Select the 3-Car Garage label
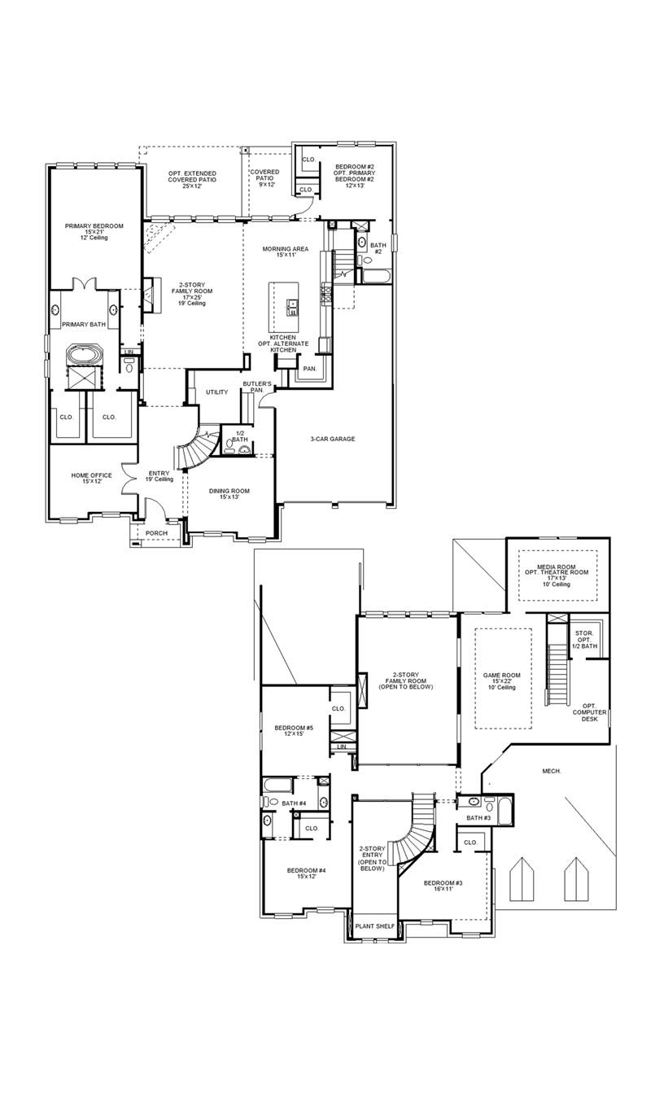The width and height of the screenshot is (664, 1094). [332, 439]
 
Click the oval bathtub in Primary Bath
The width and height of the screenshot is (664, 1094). [83, 356]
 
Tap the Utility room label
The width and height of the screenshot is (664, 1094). [216, 392]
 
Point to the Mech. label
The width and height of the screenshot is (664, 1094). [551, 770]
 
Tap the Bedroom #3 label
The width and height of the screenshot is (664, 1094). [443, 886]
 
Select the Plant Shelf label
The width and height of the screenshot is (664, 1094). [374, 926]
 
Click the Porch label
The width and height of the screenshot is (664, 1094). [156, 533]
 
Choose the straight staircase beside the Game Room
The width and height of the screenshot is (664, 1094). [557, 674]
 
